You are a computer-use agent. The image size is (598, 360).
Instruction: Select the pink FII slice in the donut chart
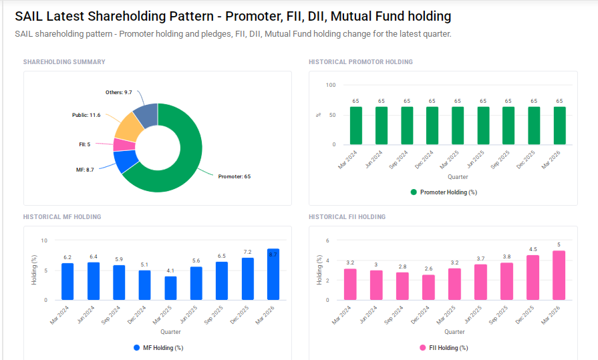click(122, 145)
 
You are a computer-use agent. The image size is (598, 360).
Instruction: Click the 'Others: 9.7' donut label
click(118, 92)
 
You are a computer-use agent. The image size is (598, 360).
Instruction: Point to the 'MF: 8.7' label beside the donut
click(85, 170)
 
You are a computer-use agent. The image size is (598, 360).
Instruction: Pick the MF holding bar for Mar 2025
click(170, 288)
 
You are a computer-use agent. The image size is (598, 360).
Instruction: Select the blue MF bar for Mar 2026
click(273, 275)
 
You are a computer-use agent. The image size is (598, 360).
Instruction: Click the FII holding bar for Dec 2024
click(428, 288)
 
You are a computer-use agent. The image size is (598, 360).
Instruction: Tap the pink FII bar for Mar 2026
click(559, 276)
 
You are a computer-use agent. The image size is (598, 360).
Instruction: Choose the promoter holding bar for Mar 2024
click(355, 126)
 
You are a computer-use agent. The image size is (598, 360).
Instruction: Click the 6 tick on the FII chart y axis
click(327, 240)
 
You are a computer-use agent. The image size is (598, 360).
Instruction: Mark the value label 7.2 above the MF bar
click(247, 252)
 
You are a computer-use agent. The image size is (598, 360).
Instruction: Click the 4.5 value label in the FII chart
click(533, 249)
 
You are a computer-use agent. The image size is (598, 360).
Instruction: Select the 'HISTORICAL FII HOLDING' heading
click(347, 217)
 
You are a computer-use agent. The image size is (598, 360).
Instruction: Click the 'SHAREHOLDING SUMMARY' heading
click(64, 62)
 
